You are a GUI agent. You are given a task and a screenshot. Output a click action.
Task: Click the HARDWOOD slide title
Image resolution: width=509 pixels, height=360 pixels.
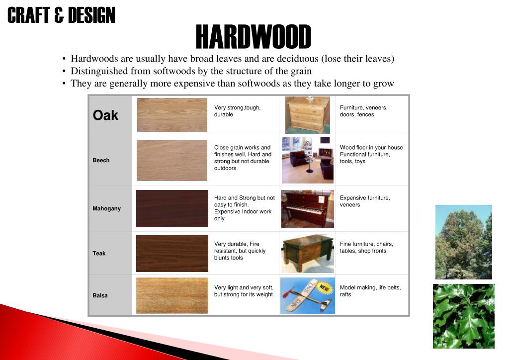[253, 37]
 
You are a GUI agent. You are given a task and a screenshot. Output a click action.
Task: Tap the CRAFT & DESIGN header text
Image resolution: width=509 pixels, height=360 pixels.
[61, 15]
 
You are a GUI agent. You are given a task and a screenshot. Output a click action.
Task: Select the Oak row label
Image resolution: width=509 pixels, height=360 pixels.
[105, 115]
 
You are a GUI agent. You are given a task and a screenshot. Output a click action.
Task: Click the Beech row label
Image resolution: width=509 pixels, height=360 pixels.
[101, 160]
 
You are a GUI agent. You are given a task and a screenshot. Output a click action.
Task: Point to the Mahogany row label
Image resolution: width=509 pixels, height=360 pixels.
[106, 208]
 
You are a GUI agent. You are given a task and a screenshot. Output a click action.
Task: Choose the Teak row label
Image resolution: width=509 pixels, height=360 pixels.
[99, 253]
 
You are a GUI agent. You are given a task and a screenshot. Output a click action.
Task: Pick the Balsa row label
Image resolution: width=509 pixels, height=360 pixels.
[100, 295]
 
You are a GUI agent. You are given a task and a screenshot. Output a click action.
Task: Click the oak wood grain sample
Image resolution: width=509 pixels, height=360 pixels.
[172, 115]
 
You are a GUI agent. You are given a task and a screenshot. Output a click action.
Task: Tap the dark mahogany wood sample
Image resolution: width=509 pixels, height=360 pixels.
[172, 208]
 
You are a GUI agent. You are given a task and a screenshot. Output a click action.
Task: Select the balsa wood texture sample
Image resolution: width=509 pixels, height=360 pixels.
[172, 295]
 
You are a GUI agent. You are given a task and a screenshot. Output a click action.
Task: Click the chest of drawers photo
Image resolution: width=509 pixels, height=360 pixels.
[307, 115]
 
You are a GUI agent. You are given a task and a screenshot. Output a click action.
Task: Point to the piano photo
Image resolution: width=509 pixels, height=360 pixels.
[307, 208]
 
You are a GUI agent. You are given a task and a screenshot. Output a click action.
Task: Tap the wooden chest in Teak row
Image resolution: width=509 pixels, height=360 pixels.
[307, 253]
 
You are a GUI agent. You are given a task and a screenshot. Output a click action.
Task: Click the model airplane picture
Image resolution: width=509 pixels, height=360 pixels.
[307, 295]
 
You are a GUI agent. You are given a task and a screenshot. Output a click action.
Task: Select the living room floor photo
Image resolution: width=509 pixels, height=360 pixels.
[307, 160]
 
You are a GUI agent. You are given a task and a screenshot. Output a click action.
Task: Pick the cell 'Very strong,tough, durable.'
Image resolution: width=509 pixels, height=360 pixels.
[237, 111]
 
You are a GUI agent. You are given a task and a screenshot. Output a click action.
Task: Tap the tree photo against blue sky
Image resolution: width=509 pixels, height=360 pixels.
[463, 242]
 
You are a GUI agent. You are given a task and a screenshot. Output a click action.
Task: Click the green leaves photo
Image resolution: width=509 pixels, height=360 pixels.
[463, 316]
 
